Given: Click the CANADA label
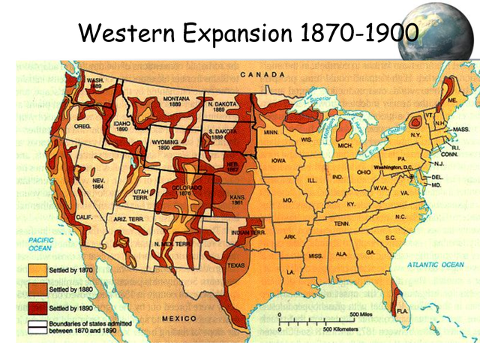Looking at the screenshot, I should click(262, 75).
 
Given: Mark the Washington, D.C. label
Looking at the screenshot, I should click(395, 165).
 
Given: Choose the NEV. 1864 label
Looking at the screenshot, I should click(98, 184).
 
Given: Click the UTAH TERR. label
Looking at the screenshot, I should click(140, 195).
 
